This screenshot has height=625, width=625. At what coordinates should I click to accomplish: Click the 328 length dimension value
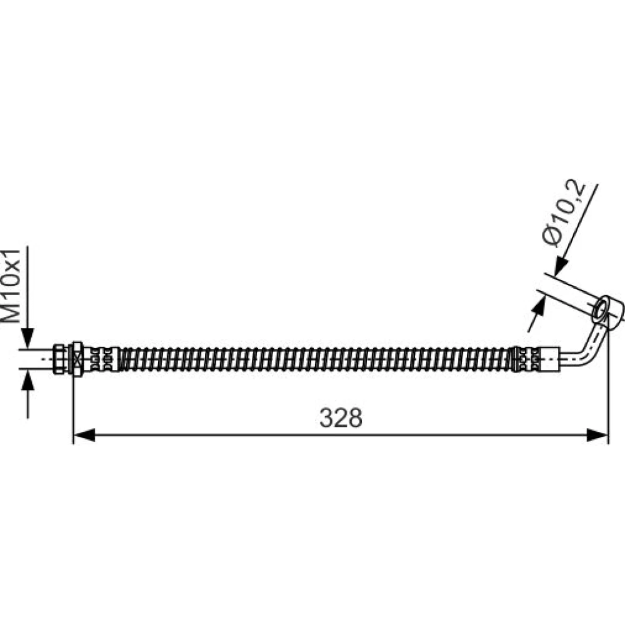tap(341, 417)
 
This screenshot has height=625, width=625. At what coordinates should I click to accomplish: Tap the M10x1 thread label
tap(11, 286)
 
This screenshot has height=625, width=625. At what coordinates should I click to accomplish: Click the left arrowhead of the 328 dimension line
tap(84, 435)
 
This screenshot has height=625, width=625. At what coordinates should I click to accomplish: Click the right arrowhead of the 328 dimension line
tap(597, 435)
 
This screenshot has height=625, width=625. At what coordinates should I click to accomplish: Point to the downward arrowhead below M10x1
tap(27, 339)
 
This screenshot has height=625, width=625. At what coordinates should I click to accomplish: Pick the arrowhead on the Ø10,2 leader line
tap(562, 266)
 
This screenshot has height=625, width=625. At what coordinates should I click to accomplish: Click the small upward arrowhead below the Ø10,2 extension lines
tap(539, 306)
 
